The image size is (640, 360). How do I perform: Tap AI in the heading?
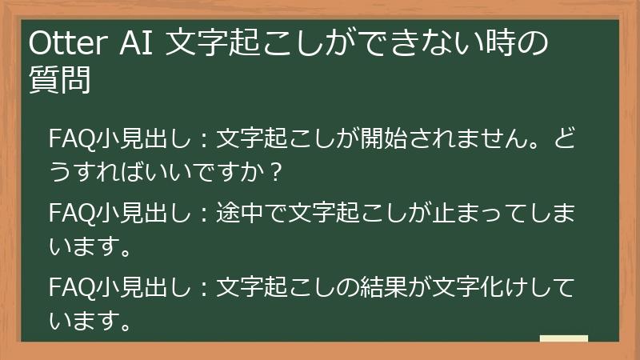pyautogui.click(x=138, y=45)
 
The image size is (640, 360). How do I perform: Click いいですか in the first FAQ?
pyautogui.click(x=215, y=172)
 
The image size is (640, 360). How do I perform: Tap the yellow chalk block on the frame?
pyautogui.click(x=563, y=338)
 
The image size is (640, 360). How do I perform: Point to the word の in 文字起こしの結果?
pyautogui.click(x=323, y=286)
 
